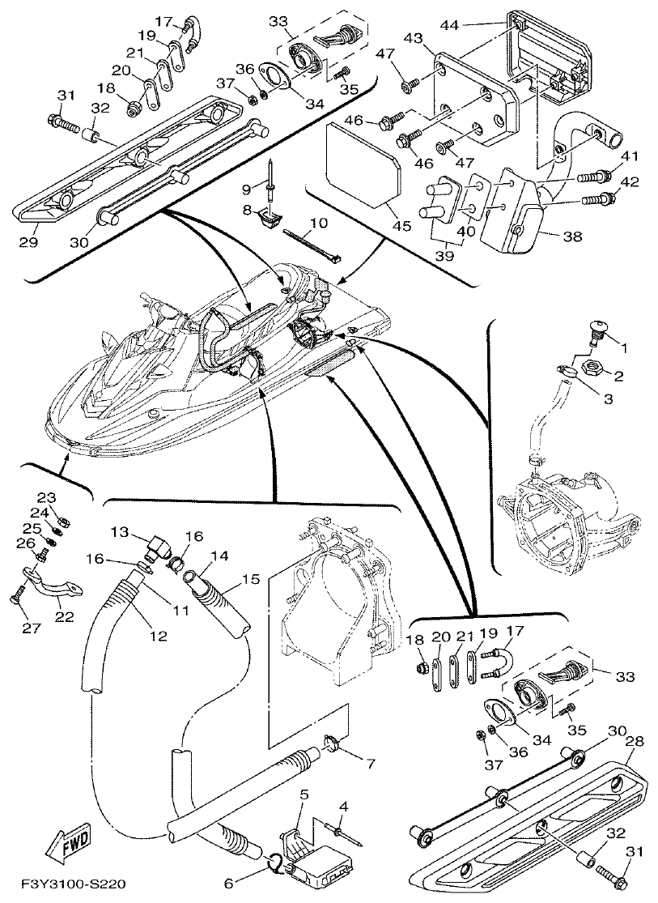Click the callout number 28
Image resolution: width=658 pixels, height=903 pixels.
636,741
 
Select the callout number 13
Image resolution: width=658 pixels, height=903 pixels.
120,531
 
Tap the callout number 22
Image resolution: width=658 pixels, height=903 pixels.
64,616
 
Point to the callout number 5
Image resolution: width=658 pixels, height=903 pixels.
304,795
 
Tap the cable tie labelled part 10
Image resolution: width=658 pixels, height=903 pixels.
312,246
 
